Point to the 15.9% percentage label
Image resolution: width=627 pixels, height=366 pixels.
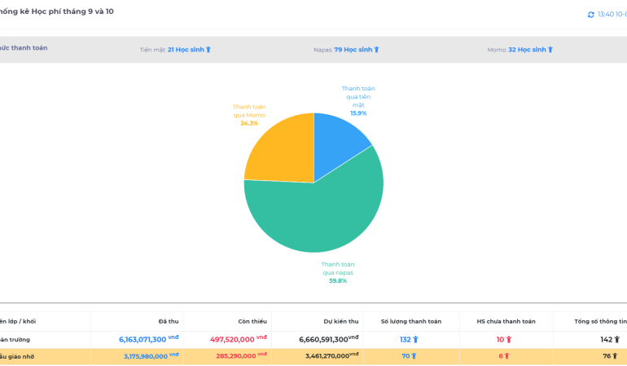point(358,113)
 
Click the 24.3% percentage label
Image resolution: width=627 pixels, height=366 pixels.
point(249,123)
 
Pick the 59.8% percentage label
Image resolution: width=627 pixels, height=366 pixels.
point(338,280)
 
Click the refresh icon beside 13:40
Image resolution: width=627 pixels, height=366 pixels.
point(591,15)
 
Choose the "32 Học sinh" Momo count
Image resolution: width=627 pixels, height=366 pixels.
point(530,50)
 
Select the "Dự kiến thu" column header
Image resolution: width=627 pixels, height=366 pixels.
point(341,321)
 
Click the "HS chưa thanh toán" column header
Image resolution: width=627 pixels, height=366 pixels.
point(506,321)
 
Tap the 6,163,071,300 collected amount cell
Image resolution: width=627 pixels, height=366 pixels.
point(143,339)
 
